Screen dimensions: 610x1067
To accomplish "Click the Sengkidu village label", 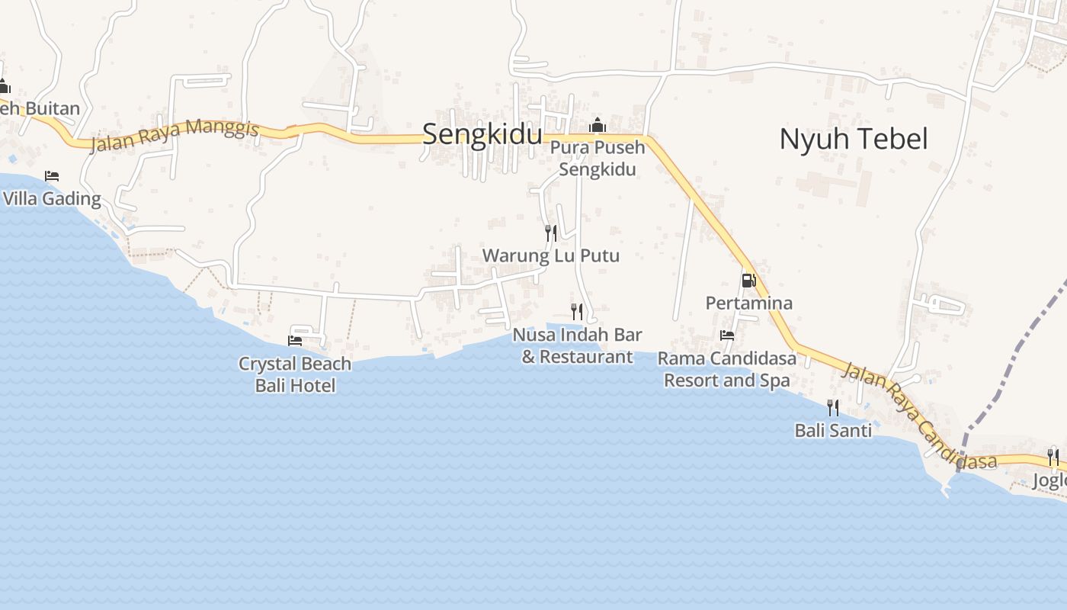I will tap(482, 134).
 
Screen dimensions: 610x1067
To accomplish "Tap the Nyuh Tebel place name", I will tap(853, 139).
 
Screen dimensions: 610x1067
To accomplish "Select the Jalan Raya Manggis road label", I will tap(175, 135).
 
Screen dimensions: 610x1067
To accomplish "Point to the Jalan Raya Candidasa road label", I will tap(918, 416).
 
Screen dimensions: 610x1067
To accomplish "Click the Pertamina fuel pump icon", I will tap(748, 281).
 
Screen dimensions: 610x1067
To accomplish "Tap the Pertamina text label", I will tap(748, 303).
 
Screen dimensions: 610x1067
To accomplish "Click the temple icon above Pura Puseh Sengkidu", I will tap(598, 125).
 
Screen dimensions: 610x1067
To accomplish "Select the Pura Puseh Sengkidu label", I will tap(598, 158).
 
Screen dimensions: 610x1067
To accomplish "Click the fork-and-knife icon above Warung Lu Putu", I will tap(550, 233).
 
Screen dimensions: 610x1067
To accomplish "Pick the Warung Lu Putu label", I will tap(550, 255).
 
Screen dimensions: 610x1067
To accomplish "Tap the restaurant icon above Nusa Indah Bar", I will tap(577, 311).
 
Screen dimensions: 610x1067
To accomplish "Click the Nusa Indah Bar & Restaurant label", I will tap(577, 345).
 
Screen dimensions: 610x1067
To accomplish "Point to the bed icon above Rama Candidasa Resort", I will tap(727, 335).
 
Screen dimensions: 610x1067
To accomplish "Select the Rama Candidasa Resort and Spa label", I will tap(727, 369).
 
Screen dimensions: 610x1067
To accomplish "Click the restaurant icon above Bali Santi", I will tap(833, 408).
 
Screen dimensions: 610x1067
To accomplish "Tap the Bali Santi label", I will tap(833, 431).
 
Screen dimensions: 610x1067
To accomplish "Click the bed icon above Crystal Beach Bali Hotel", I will tap(295, 340).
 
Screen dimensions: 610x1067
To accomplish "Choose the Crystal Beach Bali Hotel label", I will tap(295, 374).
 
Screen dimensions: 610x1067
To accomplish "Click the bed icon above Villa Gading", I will tap(52, 176).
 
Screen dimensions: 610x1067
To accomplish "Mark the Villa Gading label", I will tap(52, 199).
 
